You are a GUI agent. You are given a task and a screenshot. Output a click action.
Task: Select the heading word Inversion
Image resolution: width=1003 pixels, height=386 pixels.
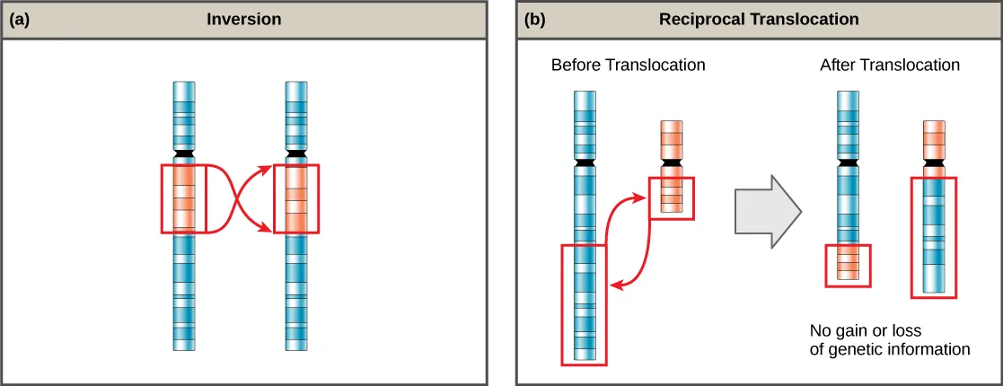(x=245, y=19)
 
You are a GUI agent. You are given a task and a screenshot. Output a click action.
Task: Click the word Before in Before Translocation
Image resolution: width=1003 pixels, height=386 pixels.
(x=576, y=66)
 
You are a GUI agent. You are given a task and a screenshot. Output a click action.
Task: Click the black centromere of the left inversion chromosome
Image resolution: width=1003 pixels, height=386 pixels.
(x=184, y=155)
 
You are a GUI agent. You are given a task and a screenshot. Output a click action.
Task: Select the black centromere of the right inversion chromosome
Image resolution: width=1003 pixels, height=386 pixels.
(x=296, y=155)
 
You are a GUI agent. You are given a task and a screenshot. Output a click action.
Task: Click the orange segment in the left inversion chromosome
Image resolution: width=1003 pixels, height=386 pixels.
(x=184, y=197)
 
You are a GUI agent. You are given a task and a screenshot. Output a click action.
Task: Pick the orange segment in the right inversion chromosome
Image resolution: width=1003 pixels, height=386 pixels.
(x=296, y=197)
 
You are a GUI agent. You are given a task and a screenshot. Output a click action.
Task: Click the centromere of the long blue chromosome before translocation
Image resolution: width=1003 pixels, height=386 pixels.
(x=585, y=163)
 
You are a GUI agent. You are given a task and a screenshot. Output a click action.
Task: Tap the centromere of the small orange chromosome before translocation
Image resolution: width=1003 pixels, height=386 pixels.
(x=672, y=163)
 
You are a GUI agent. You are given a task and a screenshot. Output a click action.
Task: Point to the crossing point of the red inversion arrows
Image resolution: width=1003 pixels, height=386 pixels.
(x=240, y=198)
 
